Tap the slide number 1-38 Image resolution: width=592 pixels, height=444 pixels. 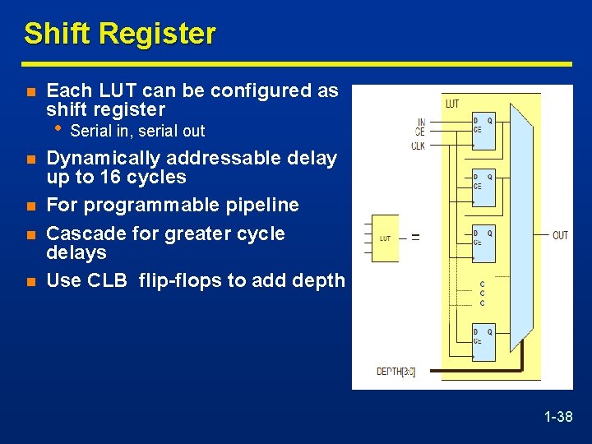tap(558, 418)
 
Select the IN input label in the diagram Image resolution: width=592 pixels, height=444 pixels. tap(421, 123)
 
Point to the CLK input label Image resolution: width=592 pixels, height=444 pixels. tap(419, 146)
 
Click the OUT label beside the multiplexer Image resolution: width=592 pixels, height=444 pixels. tap(560, 236)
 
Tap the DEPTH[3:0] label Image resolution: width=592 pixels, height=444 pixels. tap(395, 372)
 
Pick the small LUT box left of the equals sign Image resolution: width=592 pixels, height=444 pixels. tap(385, 238)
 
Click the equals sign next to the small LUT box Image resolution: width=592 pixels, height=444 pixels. tap(415, 237)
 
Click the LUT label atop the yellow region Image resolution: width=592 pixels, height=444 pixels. tap(452, 104)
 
